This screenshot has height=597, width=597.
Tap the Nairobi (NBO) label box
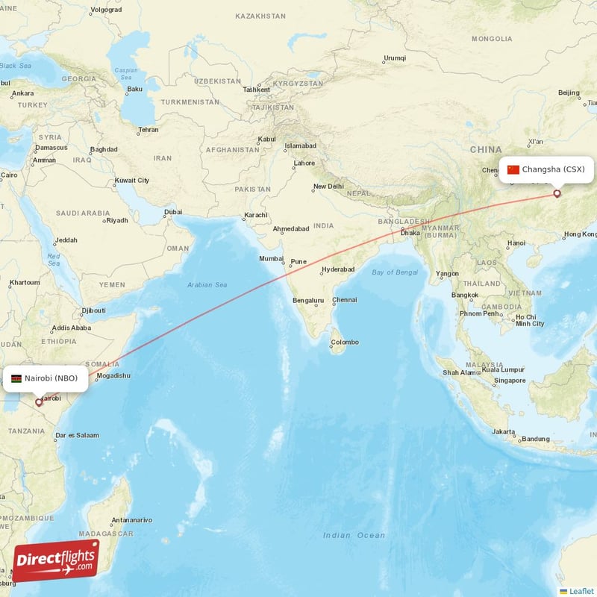[x=45, y=378]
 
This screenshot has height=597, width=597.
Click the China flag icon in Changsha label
[x=513, y=169]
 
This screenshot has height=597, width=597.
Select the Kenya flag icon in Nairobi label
[x=16, y=378]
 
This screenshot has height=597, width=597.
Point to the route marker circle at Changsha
[x=557, y=194]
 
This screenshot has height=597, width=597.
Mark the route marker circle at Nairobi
[x=39, y=402]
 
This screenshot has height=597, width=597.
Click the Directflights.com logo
[x=55, y=560]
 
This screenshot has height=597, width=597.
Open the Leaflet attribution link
[x=581, y=591]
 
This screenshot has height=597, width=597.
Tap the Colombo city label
[x=345, y=342]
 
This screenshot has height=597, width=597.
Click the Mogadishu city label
[x=113, y=375]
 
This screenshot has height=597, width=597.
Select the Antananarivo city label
[x=131, y=519]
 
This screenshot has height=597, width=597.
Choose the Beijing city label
[x=569, y=93]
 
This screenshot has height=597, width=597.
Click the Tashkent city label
[x=256, y=90]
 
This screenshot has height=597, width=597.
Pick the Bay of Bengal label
[x=395, y=272]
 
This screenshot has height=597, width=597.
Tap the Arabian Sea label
[x=207, y=285]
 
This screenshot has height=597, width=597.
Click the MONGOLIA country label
[x=491, y=39]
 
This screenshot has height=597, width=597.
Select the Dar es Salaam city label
[x=77, y=435]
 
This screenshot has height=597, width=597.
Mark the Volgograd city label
[x=105, y=10]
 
